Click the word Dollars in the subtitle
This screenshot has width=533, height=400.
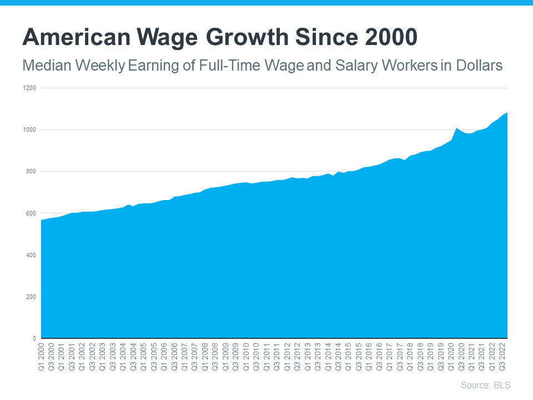coord(479,66)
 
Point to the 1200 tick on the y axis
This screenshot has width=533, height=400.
coord(30,88)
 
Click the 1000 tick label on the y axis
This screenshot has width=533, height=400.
coord(30,129)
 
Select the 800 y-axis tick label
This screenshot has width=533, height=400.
coord(31,171)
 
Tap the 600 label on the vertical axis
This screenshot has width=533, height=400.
coord(31,213)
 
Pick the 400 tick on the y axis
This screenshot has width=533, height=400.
coord(31,255)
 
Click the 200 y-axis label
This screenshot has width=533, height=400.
coord(31,297)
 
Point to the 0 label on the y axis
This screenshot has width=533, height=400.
coord(34,338)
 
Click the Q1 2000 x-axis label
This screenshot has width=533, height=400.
coord(41,356)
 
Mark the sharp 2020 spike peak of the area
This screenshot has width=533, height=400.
coord(456,128)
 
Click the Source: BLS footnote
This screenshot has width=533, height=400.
coord(485,385)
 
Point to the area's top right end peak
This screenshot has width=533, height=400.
coord(507,113)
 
